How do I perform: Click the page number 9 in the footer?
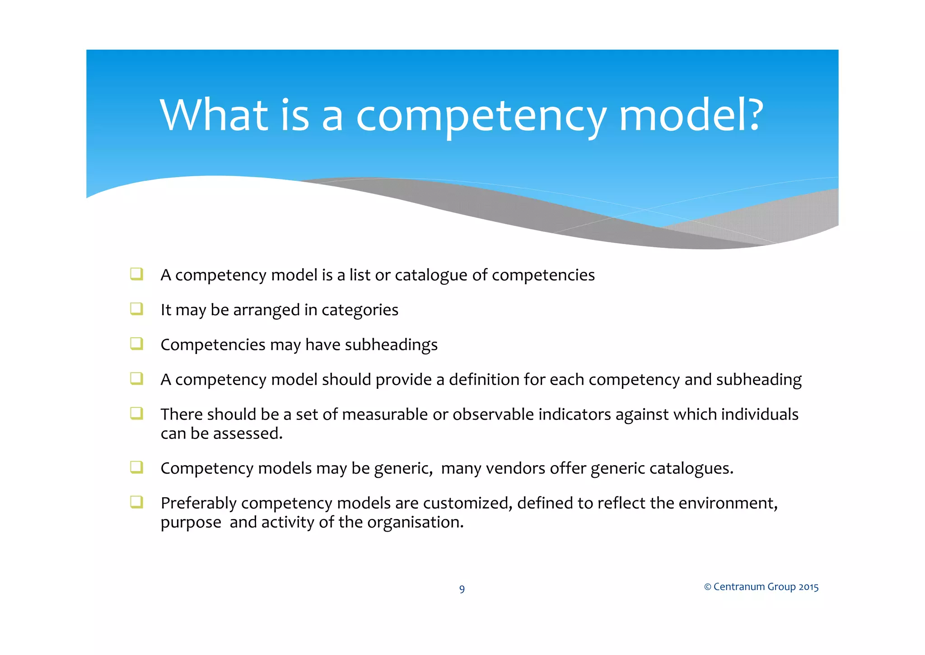(462, 589)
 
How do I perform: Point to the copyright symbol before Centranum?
(707, 587)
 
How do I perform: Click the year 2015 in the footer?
(808, 587)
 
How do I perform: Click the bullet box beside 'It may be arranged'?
(136, 309)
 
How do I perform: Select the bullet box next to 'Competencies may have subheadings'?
(136, 344)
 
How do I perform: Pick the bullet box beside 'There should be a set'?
(136, 413)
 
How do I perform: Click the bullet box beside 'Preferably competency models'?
(136, 502)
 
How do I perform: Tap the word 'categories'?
(360, 310)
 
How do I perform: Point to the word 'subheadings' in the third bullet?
(391, 345)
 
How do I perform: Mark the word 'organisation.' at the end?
(416, 523)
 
